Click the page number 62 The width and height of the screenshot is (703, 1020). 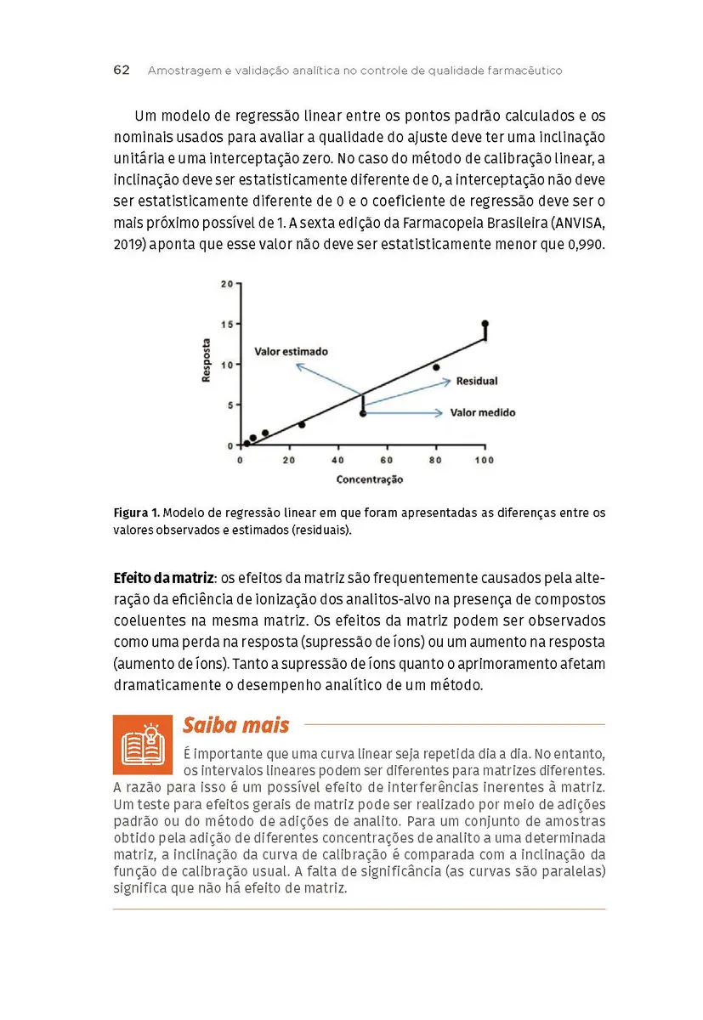[122, 71]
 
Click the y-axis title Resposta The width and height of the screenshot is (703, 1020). [207, 360]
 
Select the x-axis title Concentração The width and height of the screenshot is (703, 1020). [370, 479]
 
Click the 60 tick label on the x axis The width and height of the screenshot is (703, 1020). [388, 460]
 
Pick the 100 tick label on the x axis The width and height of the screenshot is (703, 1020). [485, 460]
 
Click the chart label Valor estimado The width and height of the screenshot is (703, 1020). [291, 351]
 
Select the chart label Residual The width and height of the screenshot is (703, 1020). [477, 381]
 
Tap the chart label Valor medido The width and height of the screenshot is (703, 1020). [483, 413]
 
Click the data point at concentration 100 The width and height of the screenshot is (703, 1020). [485, 324]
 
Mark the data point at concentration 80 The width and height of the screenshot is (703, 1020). [436, 367]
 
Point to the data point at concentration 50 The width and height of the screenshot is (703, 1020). [363, 413]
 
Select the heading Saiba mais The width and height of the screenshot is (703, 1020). [235, 725]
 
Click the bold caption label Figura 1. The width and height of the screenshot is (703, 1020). [136, 513]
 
